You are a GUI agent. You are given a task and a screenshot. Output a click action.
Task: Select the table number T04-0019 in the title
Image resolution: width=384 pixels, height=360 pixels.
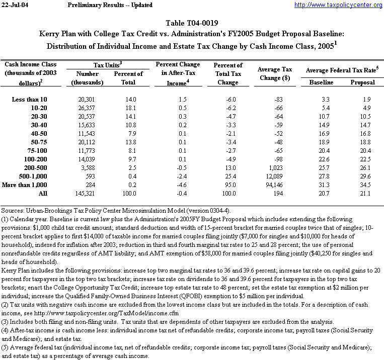coord(198,24)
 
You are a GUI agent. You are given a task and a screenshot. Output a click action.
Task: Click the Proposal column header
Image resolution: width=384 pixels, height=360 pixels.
coord(362,82)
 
